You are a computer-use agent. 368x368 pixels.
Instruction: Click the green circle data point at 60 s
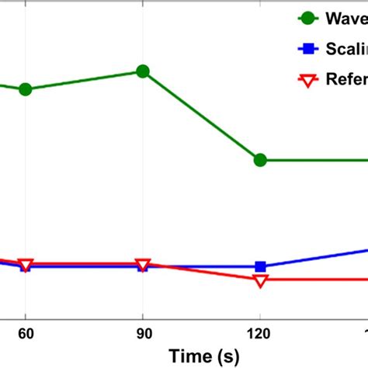tap(26, 89)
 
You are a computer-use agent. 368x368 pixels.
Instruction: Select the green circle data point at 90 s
tap(143, 71)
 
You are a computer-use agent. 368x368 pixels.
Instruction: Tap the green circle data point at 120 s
tap(260, 160)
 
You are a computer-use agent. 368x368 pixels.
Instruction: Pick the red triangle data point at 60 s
tap(26, 265)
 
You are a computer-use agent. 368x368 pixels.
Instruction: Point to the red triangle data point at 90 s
tap(143, 264)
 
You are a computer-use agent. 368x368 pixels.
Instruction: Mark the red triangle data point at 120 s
tap(260, 280)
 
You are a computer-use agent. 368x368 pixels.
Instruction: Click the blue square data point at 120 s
tap(260, 266)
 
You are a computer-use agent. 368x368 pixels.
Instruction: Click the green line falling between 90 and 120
tap(202, 116)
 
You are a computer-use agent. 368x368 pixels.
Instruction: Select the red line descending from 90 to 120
tap(202, 272)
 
